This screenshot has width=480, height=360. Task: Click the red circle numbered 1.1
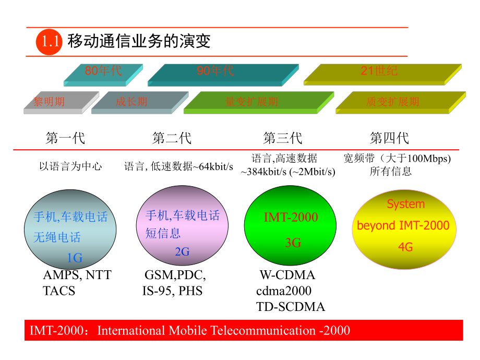tap(49, 42)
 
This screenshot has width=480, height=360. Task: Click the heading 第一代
tap(65, 138)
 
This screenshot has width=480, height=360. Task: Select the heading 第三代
tap(282, 138)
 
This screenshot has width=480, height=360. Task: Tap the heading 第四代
tap(389, 138)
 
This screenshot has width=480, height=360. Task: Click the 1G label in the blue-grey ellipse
tap(75, 258)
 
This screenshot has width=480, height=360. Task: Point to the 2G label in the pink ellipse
tap(182, 252)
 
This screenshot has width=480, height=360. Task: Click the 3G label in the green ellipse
tap(293, 243)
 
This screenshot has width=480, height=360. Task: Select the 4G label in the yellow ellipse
tap(405, 247)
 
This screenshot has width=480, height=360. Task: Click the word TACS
tap(59, 291)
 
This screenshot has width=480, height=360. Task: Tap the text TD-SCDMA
tap(291, 307)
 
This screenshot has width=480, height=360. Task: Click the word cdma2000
tap(284, 291)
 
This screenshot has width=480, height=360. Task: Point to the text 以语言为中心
tap(70, 167)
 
